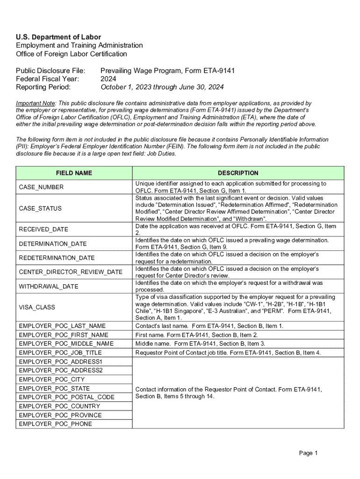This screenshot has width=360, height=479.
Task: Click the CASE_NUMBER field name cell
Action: pos(41,187)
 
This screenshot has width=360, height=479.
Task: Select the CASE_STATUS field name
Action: pos(40,208)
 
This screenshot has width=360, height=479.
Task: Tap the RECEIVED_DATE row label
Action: pos(43,229)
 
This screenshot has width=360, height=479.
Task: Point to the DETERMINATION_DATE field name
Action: pos(52,244)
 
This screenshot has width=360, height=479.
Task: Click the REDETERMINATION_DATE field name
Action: pos(57,258)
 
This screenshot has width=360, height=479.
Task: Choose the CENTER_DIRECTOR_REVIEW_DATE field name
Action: pos(71,272)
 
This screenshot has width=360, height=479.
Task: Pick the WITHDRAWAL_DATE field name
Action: pos(49,286)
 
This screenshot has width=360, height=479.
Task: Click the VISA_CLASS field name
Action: pos(37,307)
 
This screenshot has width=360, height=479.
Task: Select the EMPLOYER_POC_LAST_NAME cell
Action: pos(62,326)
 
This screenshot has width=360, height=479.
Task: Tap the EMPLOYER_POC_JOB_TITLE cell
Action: pos(60,353)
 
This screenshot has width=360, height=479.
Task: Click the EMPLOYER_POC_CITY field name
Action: pos(52,379)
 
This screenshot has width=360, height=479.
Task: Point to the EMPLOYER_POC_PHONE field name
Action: pos(56,424)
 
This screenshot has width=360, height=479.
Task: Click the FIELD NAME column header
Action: pos(74,173)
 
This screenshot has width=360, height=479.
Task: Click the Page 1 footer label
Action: pos(309,453)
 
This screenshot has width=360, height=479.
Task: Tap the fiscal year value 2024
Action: pos(108,79)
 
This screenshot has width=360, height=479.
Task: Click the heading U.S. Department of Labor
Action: pos(58,37)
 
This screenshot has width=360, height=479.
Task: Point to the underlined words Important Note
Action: pos(36,103)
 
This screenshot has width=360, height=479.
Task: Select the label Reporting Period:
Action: pos(43,87)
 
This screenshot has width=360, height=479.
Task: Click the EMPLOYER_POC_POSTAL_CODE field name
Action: pos(66,397)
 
